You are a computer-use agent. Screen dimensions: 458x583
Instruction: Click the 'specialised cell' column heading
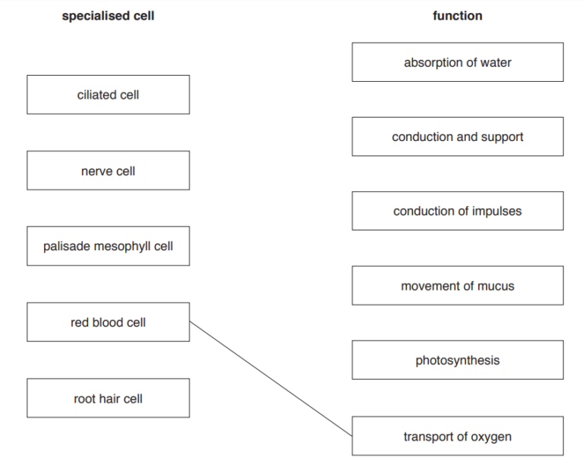[108, 16]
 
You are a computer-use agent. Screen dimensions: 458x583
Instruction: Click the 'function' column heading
[457, 16]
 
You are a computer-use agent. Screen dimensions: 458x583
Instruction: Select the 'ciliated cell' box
[108, 95]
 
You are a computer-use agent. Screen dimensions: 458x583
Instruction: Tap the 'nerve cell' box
[108, 171]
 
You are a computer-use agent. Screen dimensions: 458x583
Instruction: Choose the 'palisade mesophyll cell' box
[108, 246]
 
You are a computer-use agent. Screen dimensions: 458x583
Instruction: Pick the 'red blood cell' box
[108, 322]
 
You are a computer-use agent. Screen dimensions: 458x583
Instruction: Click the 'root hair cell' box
[108, 398]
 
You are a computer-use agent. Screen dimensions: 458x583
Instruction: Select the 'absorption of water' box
[457, 62]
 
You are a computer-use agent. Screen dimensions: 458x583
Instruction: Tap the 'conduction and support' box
[457, 136]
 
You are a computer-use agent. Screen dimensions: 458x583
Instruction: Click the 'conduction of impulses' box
[457, 211]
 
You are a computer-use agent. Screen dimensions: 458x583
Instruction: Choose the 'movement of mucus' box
[457, 286]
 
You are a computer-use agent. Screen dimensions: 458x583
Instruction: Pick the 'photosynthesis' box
[457, 360]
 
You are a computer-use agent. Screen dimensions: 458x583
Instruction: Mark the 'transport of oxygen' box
[457, 436]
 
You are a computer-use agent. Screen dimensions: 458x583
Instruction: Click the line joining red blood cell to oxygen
[271, 378]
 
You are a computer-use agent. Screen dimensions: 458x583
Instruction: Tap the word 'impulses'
[496, 211]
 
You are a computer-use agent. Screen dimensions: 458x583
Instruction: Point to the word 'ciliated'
[96, 95]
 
